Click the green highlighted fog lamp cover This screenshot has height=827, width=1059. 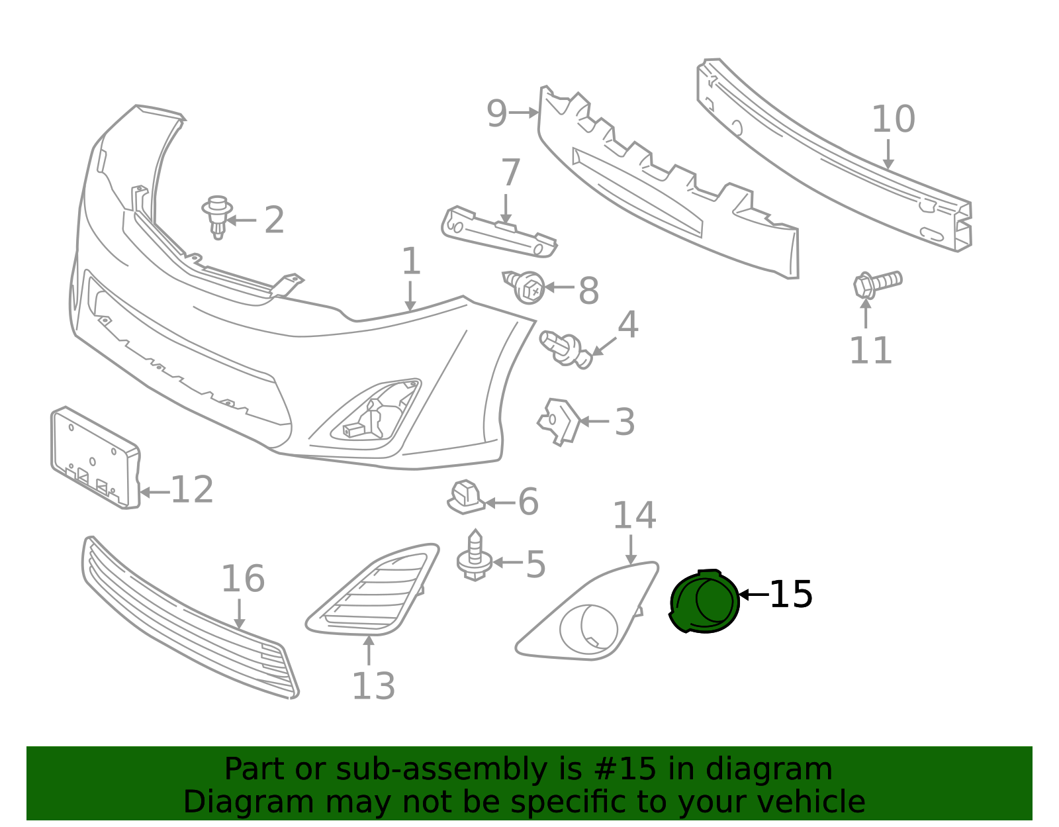[x=705, y=602]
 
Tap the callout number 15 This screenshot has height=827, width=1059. [x=791, y=595]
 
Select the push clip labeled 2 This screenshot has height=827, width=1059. [x=217, y=217]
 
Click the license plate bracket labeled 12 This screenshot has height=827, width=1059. [x=95, y=458]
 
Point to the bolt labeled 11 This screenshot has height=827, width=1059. [x=877, y=283]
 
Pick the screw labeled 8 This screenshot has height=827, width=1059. [x=524, y=287]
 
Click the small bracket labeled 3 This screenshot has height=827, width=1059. [x=559, y=422]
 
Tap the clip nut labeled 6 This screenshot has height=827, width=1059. [x=466, y=497]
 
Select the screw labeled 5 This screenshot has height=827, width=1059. [x=475, y=556]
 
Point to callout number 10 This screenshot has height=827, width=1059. [x=893, y=119]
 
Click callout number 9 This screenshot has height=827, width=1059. [x=496, y=114]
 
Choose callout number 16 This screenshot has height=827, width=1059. [x=243, y=579]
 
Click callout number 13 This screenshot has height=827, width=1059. [x=373, y=686]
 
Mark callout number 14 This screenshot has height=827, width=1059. [x=634, y=515]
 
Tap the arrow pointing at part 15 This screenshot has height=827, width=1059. [x=753, y=595]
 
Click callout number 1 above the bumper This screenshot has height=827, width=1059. [x=411, y=261]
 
